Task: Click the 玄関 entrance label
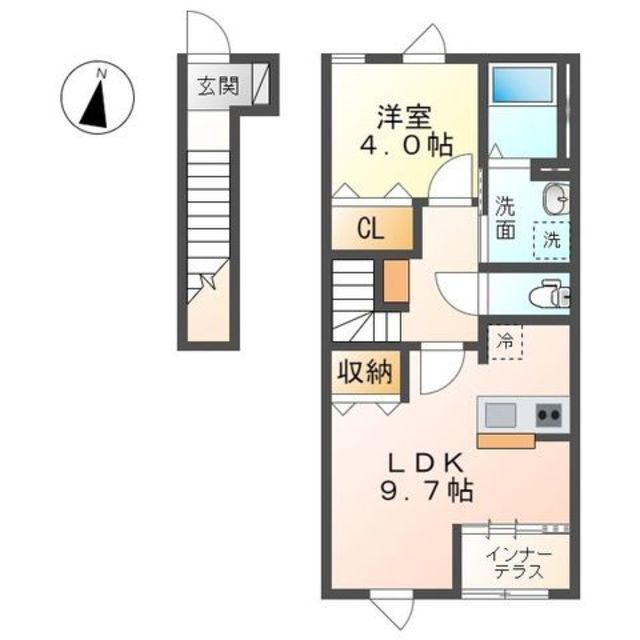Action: pos(218,86)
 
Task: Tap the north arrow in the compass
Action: pos(96,103)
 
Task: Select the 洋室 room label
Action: pos(404,117)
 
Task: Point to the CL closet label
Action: pos(371,229)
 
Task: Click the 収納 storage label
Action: pos(364,371)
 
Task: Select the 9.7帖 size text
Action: pos(427,490)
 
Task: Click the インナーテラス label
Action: pos(519,564)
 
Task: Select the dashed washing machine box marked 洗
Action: pos(551,240)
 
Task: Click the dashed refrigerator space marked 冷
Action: pos(506,342)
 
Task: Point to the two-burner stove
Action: pos(548,415)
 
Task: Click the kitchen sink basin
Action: pos(500,415)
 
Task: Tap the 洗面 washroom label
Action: pos(505,218)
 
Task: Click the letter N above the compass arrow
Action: pos(101,74)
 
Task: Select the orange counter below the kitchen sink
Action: pos(506,441)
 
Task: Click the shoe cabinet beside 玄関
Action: pos(261,84)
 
